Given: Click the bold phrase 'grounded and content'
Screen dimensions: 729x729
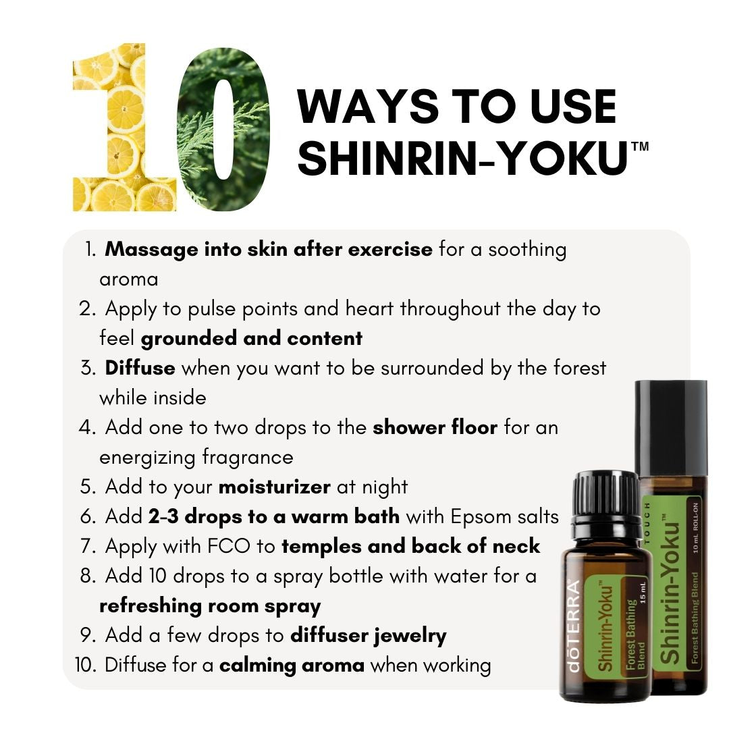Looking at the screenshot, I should [252, 338].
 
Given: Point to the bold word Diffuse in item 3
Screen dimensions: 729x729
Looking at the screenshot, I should [140, 368].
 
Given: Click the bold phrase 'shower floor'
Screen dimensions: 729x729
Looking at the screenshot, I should [435, 427].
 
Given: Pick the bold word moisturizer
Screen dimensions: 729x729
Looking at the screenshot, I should [274, 487].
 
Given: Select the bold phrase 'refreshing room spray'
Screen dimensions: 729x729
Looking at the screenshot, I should [209, 605].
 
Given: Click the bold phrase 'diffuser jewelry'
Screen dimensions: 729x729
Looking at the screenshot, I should [369, 635].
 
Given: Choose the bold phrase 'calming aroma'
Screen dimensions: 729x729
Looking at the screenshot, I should [292, 665].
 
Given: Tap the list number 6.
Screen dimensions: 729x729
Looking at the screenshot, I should [88, 516].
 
